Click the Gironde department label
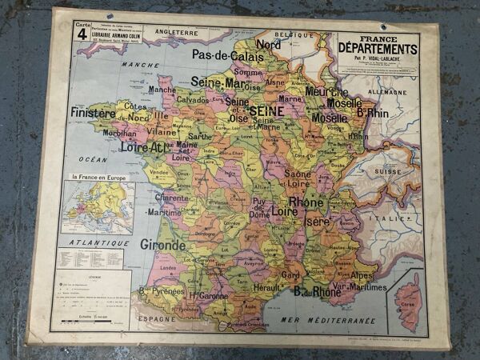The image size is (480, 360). [163, 244]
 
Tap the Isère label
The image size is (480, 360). [317, 221]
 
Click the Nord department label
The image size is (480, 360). [268, 45]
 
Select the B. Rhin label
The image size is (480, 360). [372, 113]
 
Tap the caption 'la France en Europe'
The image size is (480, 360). [98, 177]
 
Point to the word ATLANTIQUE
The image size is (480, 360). [89, 242]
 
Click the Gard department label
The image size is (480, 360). [291, 275]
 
